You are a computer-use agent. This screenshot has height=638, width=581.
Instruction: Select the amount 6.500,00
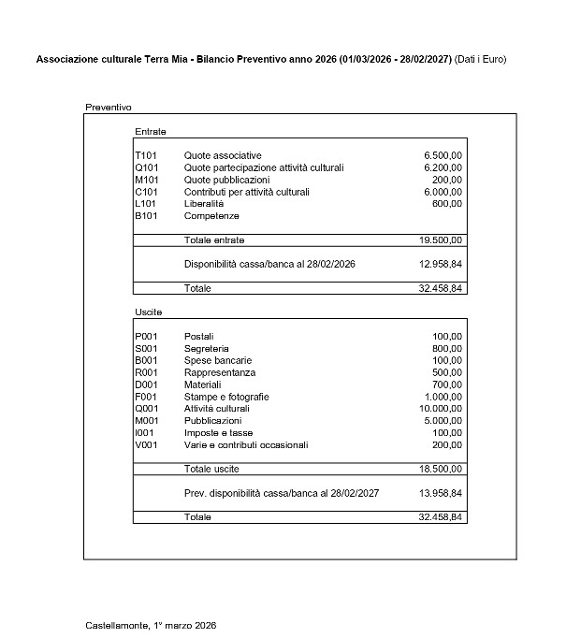443,155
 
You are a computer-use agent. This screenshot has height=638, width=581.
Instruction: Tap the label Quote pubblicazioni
226,180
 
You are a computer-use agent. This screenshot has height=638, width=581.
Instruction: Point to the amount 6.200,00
443,167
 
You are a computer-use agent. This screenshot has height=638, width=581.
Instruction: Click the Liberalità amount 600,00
447,203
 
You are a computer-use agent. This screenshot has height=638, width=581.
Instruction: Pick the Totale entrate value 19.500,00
441,240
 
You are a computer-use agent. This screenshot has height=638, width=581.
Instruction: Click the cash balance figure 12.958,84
441,265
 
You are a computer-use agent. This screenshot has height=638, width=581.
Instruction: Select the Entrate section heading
151,131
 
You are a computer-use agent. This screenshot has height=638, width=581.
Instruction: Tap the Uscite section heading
149,312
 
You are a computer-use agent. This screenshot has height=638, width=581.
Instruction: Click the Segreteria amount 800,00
447,348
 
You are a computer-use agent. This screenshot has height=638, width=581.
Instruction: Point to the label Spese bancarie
218,360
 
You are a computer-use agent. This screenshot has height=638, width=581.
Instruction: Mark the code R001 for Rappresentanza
147,372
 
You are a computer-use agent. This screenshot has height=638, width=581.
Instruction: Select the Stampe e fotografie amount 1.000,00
443,397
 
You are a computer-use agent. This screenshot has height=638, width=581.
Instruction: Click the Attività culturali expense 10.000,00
441,409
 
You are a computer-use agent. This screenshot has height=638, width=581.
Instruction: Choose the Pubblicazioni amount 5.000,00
443,421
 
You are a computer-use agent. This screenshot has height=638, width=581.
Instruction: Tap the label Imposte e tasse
218,433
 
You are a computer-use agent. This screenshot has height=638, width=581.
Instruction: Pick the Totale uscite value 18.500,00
441,469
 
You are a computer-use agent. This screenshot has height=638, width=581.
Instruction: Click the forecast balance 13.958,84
441,493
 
